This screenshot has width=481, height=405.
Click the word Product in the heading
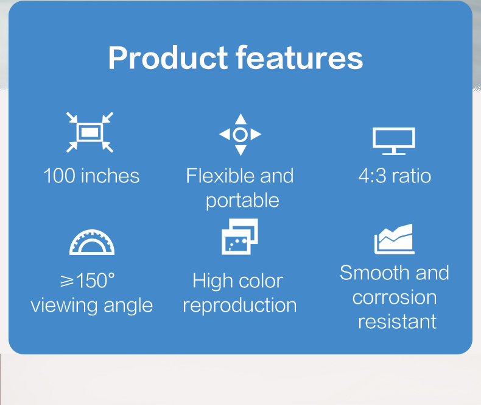coord(167,58)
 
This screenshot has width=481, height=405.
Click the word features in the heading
coord(300,58)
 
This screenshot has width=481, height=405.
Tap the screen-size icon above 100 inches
coord(90,132)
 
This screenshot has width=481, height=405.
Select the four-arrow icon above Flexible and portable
coord(240,134)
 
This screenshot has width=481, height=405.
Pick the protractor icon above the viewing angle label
coord(92,242)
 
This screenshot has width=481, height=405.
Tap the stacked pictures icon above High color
coord(239,236)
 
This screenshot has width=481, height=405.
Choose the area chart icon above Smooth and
coord(395,239)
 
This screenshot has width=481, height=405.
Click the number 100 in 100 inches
coord(59,176)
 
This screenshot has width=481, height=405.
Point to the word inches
coord(110,176)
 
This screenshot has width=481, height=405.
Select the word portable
coord(242,201)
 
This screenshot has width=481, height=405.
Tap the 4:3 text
coord(371,176)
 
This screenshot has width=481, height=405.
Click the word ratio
coord(411,176)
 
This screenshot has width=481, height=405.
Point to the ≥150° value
coord(88,281)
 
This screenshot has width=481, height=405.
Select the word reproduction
coord(240,306)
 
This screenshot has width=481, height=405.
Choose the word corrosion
coord(395,298)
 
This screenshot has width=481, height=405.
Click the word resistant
coord(397,321)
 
